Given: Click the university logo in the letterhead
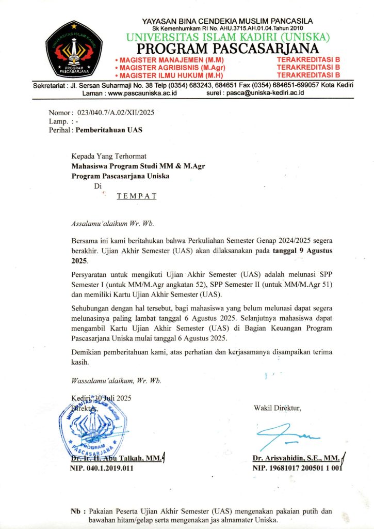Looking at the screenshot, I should click(73, 50).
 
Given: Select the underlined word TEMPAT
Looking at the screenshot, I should click(137, 196).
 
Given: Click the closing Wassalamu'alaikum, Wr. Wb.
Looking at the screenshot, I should click(116, 381).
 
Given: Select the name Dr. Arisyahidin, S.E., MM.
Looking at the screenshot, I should click(296, 458).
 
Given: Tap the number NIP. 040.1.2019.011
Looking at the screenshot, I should click(102, 468).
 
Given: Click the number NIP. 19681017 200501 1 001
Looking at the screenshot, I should click(298, 468).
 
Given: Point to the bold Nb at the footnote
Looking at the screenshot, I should click(75, 511).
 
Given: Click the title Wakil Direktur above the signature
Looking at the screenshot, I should click(277, 409).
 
